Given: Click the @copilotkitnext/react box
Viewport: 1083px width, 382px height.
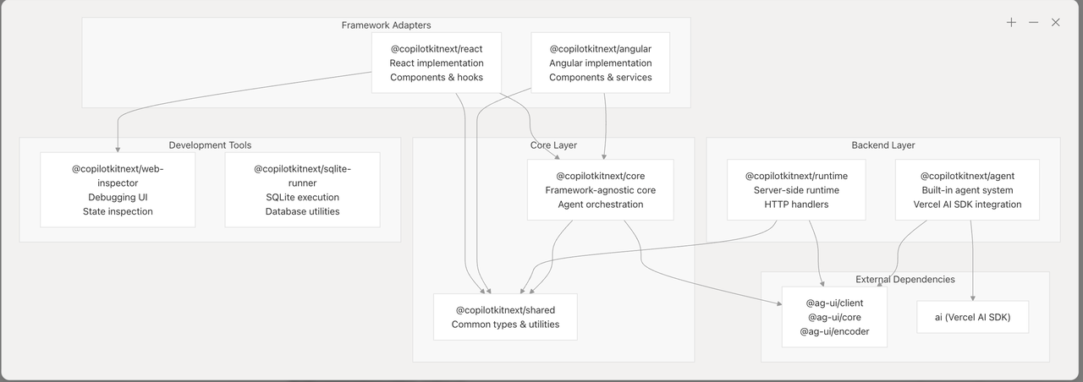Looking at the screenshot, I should point(437,63).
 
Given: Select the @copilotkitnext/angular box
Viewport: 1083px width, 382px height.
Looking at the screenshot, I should point(600,63).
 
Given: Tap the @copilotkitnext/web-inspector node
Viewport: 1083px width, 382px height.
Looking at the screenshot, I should point(118,190).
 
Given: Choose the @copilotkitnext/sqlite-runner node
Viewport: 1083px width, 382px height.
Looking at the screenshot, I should point(302,190).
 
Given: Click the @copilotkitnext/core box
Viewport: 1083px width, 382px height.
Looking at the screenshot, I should point(600,190).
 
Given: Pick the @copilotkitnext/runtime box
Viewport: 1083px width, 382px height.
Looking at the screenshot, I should point(796,190).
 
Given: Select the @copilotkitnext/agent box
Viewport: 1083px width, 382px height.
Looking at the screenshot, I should point(967,190).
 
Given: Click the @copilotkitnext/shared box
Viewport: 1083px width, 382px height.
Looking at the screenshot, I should point(505,317).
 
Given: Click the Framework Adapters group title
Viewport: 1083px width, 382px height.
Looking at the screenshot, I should point(386,25).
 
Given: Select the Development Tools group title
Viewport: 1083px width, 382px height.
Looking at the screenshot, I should point(210,145).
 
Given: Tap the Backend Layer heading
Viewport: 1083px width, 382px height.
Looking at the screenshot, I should point(882,145).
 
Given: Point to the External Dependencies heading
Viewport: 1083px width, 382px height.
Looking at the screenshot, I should point(904,279).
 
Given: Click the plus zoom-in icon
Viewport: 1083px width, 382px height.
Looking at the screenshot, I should point(1011,23).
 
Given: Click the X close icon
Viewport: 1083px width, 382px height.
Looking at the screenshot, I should point(1055,23).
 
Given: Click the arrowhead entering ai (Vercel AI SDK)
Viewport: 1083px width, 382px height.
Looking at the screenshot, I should point(973,297).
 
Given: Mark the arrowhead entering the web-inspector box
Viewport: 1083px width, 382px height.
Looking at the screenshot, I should point(118,149).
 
